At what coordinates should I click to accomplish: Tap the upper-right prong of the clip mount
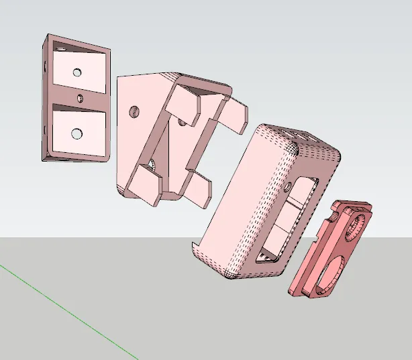[x=234, y=113]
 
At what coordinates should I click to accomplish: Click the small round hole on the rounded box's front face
[x=289, y=184]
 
